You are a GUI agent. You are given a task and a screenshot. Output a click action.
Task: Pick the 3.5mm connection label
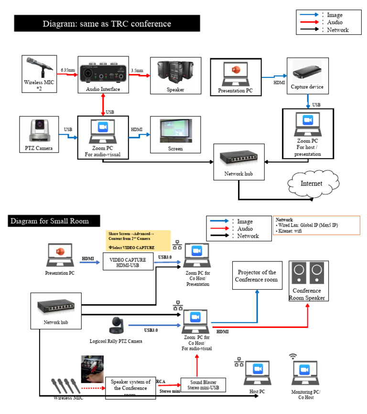(x=137, y=70)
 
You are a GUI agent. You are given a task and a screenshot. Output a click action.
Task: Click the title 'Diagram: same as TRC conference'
(x=107, y=23)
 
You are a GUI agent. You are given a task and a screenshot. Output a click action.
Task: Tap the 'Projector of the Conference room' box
(x=257, y=275)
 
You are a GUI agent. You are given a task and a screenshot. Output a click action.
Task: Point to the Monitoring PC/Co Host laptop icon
(x=306, y=371)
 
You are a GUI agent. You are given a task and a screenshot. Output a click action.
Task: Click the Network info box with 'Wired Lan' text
(x=317, y=225)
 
